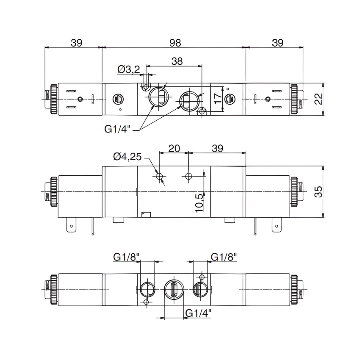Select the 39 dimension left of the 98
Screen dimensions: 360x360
point(76,43)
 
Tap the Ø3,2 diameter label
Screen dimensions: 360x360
point(129,69)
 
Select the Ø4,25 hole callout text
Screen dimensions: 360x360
point(127,157)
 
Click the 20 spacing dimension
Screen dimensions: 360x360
point(174,148)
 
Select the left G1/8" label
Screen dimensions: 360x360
point(126,257)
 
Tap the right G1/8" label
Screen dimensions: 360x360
point(224,257)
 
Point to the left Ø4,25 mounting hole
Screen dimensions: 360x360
point(160,176)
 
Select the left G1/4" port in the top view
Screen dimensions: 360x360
point(157,97)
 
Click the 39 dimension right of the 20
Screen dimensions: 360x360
point(217,148)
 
